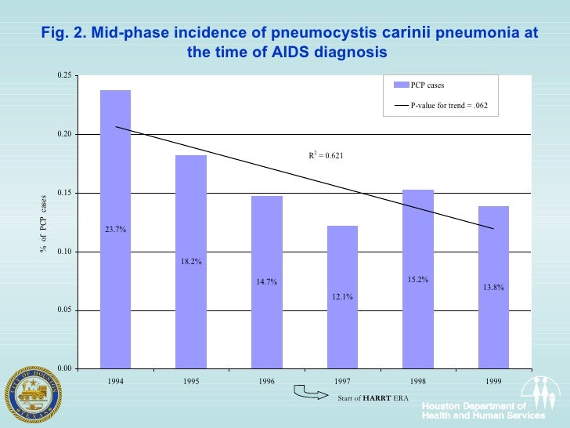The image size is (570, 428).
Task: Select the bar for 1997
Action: [x=342, y=297]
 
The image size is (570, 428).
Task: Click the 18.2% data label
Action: [x=191, y=261]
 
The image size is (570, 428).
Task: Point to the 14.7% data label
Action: [x=267, y=282]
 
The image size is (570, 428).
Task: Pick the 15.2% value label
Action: [x=418, y=279]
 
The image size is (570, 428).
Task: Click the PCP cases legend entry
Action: [x=427, y=85]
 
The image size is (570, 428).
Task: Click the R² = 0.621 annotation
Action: [x=326, y=155]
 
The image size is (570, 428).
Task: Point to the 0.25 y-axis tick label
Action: [x=64, y=76]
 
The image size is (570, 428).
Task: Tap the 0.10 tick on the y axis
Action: [x=64, y=252]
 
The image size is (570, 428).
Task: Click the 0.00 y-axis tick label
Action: [x=64, y=368]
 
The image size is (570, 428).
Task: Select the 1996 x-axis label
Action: [x=266, y=382]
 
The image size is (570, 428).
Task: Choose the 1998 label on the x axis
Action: [x=418, y=382]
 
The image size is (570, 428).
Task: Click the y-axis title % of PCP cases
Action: [x=44, y=223]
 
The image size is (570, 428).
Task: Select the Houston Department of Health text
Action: [x=474, y=410]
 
